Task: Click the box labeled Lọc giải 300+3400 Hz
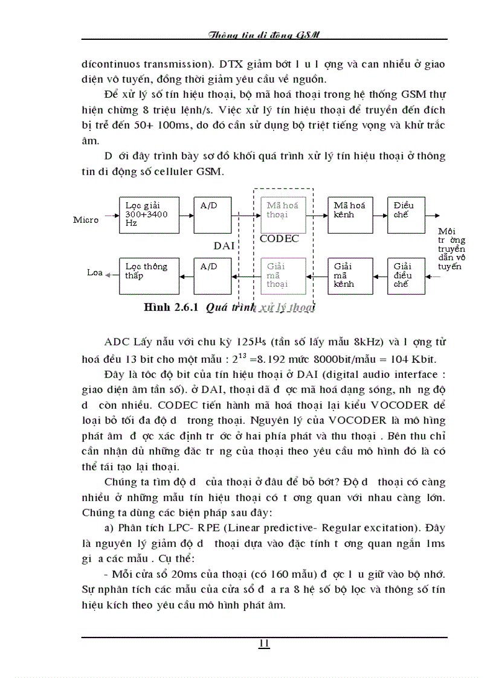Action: tap(149, 214)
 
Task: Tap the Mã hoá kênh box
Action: tap(350, 214)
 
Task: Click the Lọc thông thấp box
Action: tap(149, 275)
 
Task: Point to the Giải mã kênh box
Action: tap(350, 275)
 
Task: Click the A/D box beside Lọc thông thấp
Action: tap(214, 275)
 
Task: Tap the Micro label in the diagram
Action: tap(86, 220)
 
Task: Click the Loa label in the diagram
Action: tap(95, 273)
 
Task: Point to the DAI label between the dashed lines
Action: tap(224, 246)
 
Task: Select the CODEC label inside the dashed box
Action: tap(279, 239)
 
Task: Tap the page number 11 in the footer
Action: tap(264, 644)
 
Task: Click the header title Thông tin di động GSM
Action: tap(263, 35)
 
